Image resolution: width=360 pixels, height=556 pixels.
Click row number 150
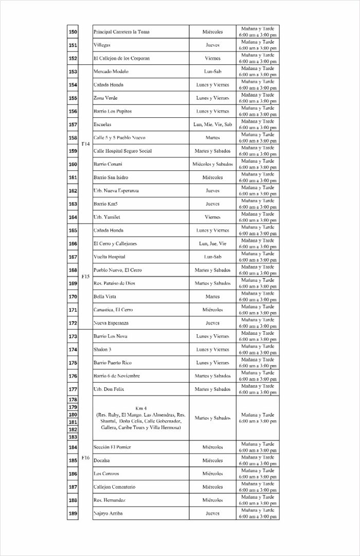(73, 32)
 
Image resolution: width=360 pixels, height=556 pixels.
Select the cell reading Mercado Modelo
(111, 71)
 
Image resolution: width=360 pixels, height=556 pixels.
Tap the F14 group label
(85, 145)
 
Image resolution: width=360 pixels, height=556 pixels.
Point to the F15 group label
(85, 276)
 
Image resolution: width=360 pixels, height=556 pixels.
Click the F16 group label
(85, 457)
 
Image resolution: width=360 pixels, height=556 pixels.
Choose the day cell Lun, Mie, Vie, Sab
(212, 124)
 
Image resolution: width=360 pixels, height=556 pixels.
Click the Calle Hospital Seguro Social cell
(122, 151)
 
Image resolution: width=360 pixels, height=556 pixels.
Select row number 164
(73, 217)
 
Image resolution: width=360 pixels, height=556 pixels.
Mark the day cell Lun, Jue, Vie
(212, 244)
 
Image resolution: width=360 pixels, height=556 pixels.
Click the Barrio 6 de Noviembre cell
(116, 376)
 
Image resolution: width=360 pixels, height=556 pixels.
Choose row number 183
(73, 437)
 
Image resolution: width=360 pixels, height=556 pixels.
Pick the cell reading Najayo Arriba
(108, 513)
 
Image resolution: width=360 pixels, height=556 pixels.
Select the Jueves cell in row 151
(212, 45)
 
